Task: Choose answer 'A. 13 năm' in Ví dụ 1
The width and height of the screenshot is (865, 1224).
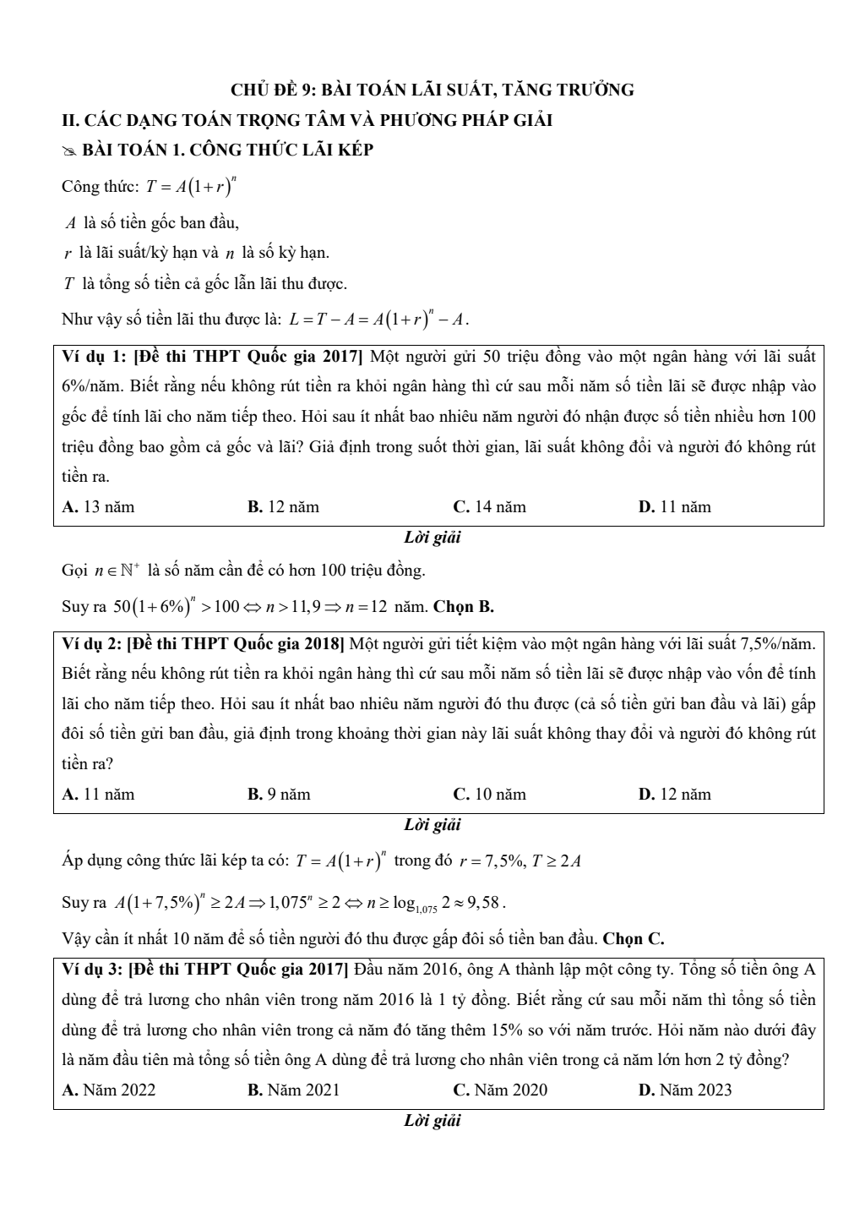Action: tap(99, 507)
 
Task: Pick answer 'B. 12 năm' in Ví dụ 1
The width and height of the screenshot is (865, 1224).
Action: tap(283, 507)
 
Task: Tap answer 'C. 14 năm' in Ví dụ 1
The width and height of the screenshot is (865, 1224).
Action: tap(489, 507)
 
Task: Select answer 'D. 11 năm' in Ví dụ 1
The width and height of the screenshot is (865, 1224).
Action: tap(675, 507)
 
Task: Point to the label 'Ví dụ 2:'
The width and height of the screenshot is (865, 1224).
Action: tap(91, 644)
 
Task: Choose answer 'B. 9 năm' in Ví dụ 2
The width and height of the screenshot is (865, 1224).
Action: tap(279, 795)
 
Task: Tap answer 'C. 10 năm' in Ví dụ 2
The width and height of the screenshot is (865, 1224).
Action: tap(489, 795)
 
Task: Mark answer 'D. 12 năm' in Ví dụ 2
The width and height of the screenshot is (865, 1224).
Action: tap(675, 795)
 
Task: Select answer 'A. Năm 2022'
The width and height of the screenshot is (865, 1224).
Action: tap(109, 1090)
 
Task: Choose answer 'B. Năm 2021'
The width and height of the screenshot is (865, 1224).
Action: tap(293, 1090)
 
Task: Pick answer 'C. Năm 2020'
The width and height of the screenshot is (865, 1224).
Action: tap(500, 1090)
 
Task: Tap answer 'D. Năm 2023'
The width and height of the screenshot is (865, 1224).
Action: tap(685, 1090)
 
